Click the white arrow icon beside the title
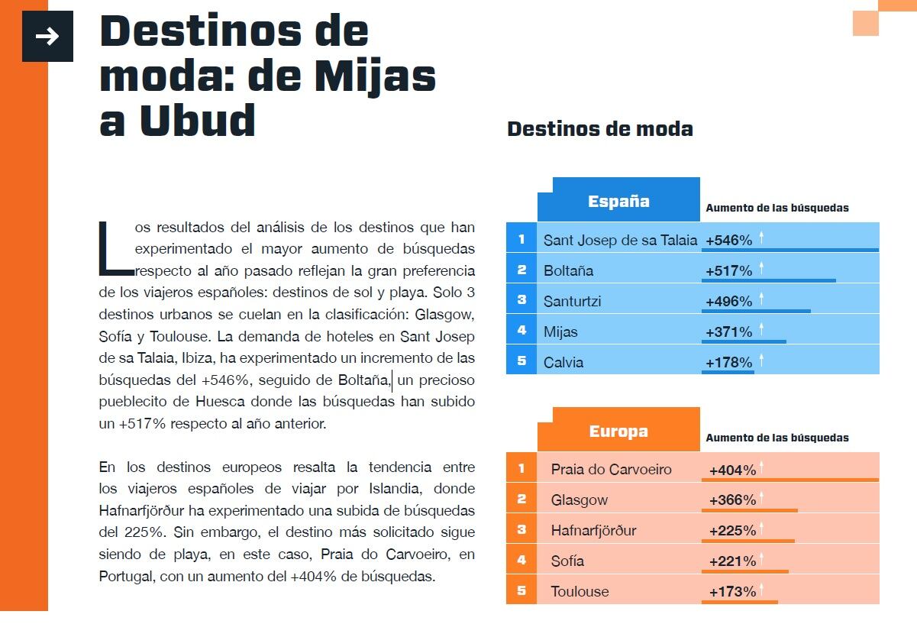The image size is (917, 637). tap(47, 37)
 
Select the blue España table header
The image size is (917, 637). tap(618, 201)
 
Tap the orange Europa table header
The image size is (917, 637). tap(618, 431)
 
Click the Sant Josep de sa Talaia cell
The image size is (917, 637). tap(620, 240)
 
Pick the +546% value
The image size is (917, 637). tap(729, 240)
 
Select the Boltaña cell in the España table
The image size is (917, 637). tap(568, 270)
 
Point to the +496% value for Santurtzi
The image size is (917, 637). tap(729, 301)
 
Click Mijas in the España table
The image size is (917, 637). tap(560, 331)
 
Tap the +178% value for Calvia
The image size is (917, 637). tap(729, 362)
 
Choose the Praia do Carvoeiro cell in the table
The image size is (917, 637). tap(611, 469)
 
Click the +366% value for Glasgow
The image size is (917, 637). tap(732, 500)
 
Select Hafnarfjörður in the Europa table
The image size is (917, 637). tap(593, 530)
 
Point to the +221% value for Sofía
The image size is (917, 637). tap(732, 561)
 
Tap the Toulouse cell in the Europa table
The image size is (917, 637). tap(580, 591)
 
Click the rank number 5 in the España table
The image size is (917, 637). tap(521, 361)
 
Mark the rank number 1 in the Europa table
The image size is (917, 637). tap(521, 467)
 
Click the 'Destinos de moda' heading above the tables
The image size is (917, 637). tap(599, 128)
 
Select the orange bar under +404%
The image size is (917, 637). tap(789, 480)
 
